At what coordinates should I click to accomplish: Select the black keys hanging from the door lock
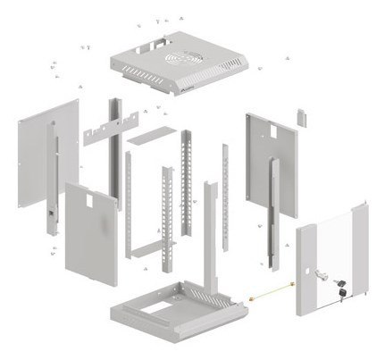pyautogui.click(x=341, y=289)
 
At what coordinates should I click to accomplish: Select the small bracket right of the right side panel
pyautogui.click(x=301, y=118)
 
